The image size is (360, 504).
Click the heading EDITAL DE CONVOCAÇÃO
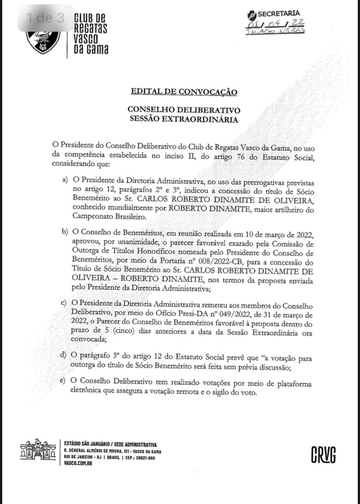(x=184, y=92)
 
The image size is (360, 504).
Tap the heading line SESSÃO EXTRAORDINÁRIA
(x=184, y=119)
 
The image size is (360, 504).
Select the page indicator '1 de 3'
(x=45, y=18)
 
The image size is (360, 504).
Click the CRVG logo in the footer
(x=323, y=454)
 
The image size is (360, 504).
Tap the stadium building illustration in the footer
(x=38, y=450)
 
